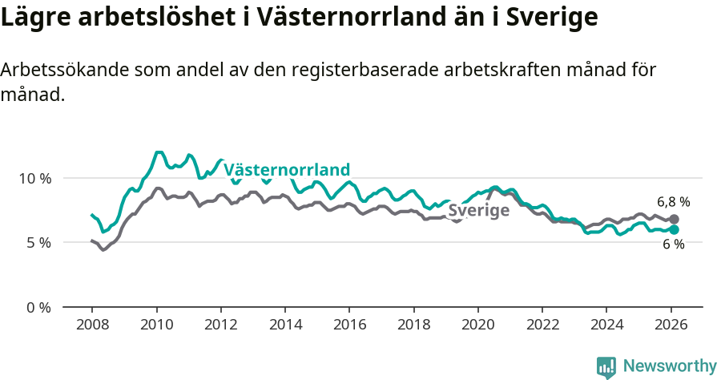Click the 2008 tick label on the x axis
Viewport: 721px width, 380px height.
[92, 325]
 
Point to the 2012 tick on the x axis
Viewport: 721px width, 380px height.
[220, 325]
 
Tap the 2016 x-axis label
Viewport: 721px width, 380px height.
[349, 325]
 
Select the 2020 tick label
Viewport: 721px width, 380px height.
[477, 325]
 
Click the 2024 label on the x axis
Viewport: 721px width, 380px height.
[606, 325]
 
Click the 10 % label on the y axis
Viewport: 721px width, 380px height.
[34, 178]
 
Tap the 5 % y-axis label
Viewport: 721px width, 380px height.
[37, 242]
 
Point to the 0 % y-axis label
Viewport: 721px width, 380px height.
[37, 307]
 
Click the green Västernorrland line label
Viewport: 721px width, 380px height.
[287, 170]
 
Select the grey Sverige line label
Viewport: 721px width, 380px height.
[478, 211]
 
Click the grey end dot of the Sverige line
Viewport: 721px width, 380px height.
[675, 219]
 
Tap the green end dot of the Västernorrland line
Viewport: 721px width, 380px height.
[675, 229]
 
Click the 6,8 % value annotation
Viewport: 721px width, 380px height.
[673, 202]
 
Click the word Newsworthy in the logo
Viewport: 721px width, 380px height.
[669, 366]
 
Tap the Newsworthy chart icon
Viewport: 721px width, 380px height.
[606, 366]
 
